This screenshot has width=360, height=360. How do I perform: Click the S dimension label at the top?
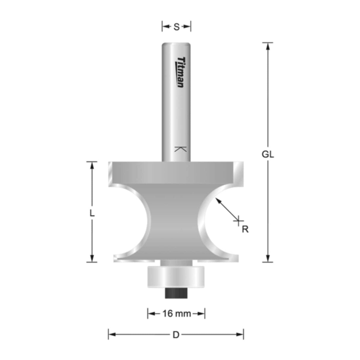pyautogui.click(x=176, y=27)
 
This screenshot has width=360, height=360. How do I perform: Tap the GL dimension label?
pyautogui.click(x=268, y=154)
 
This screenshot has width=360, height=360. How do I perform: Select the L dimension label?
pyautogui.click(x=92, y=213)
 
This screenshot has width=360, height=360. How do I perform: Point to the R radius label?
pyautogui.click(x=245, y=229)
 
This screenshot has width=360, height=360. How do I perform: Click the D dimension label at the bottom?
pyautogui.click(x=176, y=335)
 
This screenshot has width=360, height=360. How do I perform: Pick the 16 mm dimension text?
pyautogui.click(x=176, y=313)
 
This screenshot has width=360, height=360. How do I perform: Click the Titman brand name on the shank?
pyautogui.click(x=180, y=72)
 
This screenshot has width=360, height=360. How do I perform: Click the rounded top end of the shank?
pyautogui.click(x=176, y=45)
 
